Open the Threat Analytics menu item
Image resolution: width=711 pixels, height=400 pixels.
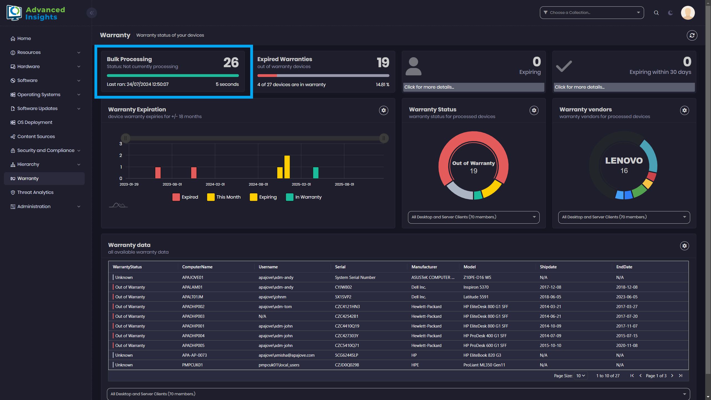(35, 192)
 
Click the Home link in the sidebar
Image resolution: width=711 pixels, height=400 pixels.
(24, 38)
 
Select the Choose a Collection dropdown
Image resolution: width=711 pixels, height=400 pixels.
(592, 12)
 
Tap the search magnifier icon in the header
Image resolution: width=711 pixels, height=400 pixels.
(656, 13)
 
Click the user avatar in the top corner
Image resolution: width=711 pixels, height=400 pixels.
(688, 13)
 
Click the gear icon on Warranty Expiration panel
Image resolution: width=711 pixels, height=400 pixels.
(384, 110)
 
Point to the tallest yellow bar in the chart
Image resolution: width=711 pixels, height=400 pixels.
(287, 167)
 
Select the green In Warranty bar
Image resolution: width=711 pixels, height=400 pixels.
(316, 172)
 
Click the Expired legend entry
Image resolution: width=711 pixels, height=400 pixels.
(185, 197)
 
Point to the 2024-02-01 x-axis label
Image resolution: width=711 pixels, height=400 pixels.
(215, 184)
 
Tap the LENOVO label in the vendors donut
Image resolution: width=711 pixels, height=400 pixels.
(624, 161)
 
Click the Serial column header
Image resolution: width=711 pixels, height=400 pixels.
(340, 267)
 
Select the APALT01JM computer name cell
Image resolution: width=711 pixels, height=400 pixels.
(192, 297)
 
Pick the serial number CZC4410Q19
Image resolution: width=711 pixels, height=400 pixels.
(347, 326)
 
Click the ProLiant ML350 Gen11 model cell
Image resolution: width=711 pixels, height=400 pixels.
(484, 365)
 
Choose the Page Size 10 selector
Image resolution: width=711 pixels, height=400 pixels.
(580, 376)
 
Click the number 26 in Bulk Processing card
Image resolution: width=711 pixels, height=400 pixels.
(231, 62)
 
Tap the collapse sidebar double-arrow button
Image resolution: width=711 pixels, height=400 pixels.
(92, 13)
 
